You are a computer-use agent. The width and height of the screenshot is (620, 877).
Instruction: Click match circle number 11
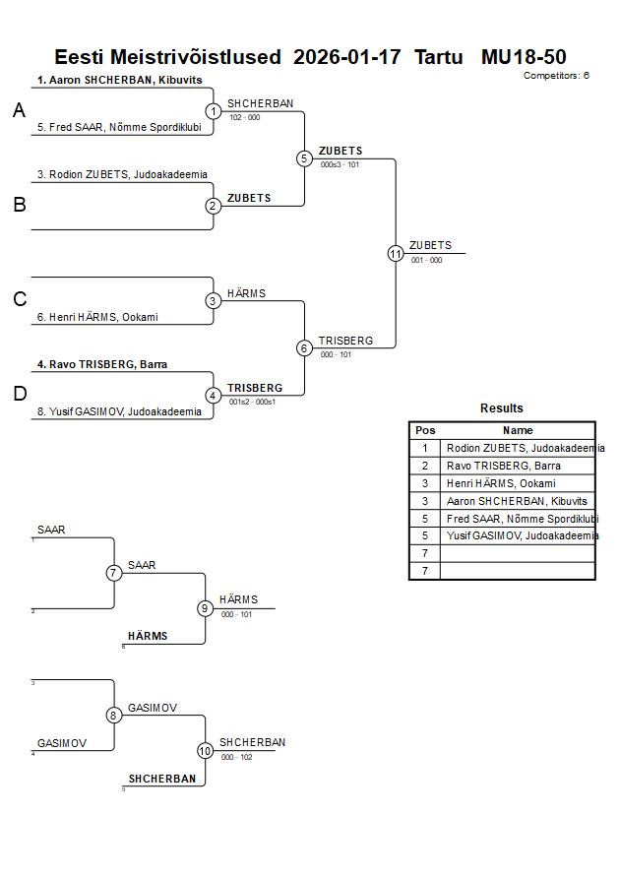396,253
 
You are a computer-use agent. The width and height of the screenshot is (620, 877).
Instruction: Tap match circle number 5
304,158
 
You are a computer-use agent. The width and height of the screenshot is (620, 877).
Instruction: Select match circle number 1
214,111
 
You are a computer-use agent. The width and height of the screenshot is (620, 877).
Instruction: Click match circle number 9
206,608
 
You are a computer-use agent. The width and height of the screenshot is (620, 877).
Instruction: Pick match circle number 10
206,751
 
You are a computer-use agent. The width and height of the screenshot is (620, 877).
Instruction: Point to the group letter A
19,111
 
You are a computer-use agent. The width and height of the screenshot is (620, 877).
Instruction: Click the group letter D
19,395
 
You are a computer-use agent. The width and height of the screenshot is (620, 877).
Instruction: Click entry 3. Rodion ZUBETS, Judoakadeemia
122,174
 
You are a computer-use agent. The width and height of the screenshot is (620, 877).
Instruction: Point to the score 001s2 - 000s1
252,402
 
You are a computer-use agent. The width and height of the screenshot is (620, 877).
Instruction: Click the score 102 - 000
245,117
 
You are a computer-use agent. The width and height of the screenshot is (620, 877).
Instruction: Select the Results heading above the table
502,407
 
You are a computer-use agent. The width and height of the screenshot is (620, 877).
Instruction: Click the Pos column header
425,430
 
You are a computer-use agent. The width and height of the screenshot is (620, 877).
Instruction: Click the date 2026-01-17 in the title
347,57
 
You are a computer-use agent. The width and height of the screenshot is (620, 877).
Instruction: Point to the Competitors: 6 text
556,75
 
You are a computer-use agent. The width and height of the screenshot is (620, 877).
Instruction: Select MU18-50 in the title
524,57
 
